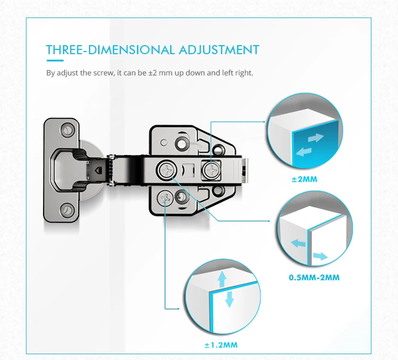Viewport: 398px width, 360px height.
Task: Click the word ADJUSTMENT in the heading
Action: click(x=219, y=50)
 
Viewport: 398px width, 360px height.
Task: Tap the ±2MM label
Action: click(x=304, y=179)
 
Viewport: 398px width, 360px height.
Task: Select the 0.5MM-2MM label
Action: click(x=314, y=277)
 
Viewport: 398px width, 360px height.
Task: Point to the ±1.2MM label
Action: click(x=221, y=345)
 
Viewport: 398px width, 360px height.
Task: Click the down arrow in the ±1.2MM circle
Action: click(x=229, y=299)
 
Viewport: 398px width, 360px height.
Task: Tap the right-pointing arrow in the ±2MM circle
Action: click(x=315, y=138)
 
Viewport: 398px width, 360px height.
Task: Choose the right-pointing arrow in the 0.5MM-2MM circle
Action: click(x=321, y=256)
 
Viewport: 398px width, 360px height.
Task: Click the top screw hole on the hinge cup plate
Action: click(x=67, y=129)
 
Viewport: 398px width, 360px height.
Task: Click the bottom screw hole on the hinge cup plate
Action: click(x=67, y=210)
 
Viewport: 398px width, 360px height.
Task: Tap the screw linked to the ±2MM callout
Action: click(x=211, y=170)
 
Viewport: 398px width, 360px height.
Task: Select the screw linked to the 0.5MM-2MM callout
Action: click(x=166, y=170)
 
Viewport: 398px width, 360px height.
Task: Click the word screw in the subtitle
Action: click(x=103, y=72)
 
